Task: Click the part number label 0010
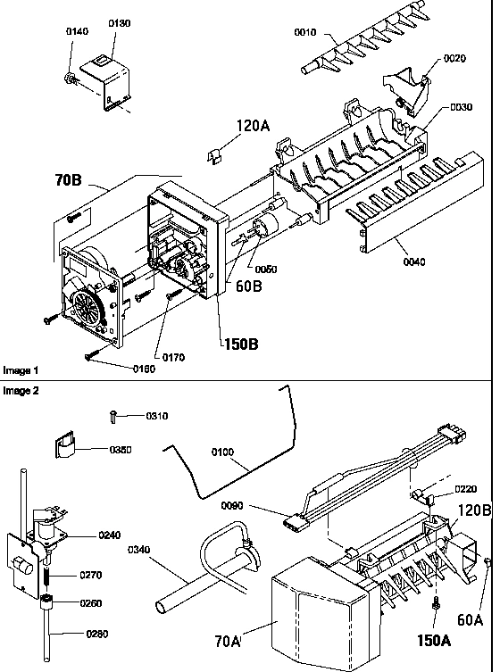pyautogui.click(x=306, y=32)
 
